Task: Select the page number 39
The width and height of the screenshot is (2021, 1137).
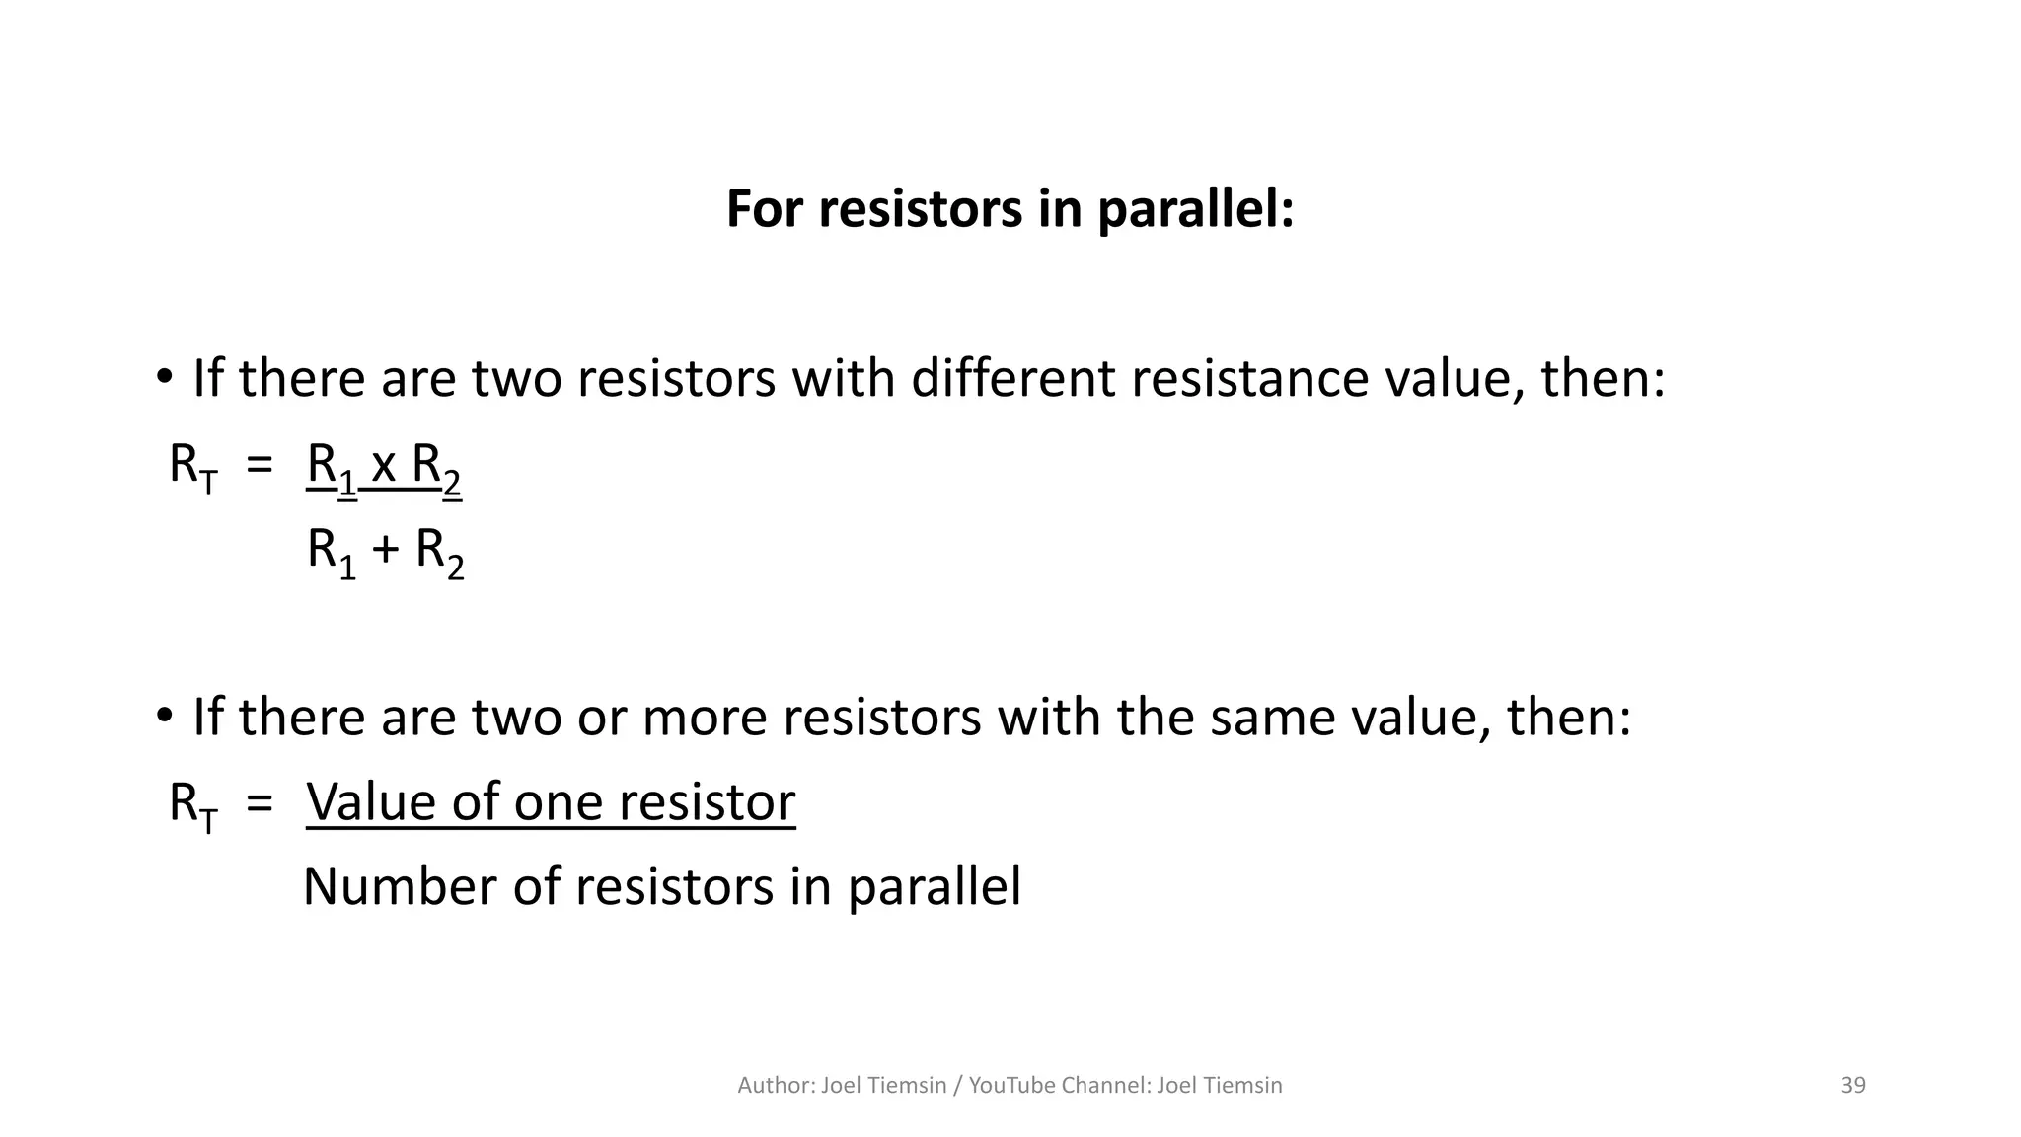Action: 1853,1085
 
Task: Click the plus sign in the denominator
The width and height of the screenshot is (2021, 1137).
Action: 386,550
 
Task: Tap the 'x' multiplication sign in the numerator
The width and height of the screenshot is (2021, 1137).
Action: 384,465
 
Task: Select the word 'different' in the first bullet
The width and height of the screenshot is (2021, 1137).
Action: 1012,379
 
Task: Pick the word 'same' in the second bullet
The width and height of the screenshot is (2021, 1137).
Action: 1272,718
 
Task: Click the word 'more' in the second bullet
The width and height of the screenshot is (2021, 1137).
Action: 704,718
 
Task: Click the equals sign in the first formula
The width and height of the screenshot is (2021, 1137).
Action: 260,465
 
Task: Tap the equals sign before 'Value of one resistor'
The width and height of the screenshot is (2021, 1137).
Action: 260,802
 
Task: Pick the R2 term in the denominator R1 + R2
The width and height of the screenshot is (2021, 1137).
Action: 439,552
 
